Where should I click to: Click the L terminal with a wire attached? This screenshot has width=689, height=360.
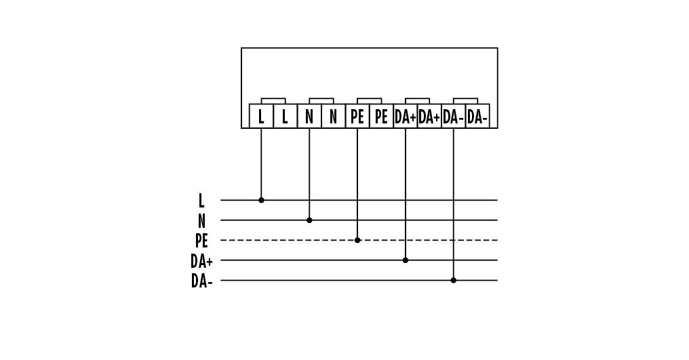click(x=261, y=116)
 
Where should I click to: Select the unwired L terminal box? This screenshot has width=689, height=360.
click(x=286, y=116)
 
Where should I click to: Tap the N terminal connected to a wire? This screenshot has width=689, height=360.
click(x=309, y=116)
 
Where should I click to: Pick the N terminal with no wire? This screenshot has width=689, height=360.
click(x=334, y=116)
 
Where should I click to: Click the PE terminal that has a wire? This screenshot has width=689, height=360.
click(x=357, y=116)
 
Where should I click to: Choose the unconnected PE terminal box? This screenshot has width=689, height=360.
click(x=381, y=116)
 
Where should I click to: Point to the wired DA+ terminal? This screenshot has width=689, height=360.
click(x=405, y=116)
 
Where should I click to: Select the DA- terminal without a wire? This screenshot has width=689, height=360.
click(x=477, y=116)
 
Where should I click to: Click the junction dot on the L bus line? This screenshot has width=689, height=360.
click(x=262, y=200)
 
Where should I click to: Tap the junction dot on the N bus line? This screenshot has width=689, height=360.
click(x=309, y=220)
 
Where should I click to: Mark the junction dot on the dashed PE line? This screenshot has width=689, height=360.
click(x=357, y=240)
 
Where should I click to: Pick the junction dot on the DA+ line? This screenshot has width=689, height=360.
click(x=406, y=260)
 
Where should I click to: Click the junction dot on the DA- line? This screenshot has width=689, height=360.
click(x=454, y=280)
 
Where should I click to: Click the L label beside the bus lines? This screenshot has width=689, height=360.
click(x=201, y=201)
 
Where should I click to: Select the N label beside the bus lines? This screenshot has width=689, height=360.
click(x=201, y=220)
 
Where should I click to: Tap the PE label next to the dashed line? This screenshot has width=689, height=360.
click(x=201, y=241)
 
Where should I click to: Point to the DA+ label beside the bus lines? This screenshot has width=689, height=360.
click(x=201, y=261)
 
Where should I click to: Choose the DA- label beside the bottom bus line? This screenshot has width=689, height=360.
click(x=201, y=281)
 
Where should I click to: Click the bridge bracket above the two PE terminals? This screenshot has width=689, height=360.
click(x=369, y=98)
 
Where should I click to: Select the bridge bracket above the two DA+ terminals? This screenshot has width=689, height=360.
click(x=418, y=98)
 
